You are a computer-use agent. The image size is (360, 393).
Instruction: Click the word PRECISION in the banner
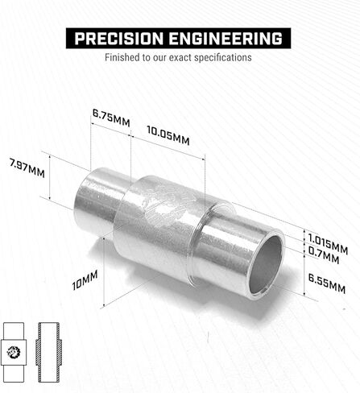(x=118, y=39)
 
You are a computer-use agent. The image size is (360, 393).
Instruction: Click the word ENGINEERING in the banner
(x=226, y=39)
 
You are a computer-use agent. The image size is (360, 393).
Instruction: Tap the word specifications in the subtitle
(x=223, y=58)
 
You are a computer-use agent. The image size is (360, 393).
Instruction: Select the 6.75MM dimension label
(x=111, y=118)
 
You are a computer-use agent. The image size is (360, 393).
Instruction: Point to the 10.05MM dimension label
(x=168, y=135)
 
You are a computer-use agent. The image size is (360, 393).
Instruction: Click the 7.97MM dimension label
(x=27, y=168)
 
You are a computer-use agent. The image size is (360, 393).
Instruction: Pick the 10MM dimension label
(x=85, y=280)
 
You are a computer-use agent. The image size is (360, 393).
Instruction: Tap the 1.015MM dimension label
(x=328, y=244)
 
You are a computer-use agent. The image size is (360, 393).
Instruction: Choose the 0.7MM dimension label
(x=324, y=255)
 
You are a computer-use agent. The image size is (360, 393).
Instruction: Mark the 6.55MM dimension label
(x=327, y=283)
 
